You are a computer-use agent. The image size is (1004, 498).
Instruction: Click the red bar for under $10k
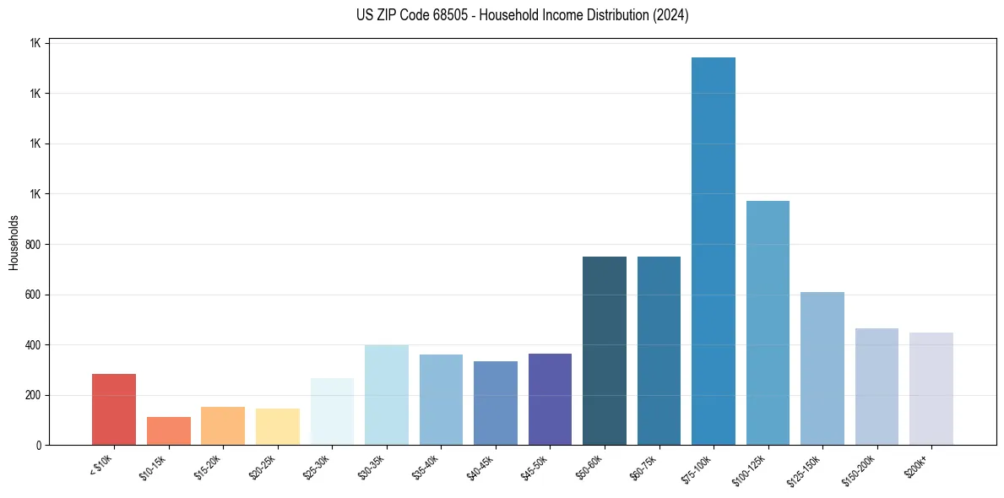pos(114,409)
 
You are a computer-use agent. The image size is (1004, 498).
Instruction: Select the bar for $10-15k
pos(168,430)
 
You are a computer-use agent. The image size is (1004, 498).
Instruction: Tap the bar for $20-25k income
pos(277,426)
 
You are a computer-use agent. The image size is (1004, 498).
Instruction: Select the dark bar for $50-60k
pos(605,350)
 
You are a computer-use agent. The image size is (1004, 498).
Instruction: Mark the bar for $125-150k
pos(822,368)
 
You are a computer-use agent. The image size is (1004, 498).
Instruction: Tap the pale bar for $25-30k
pos(332,411)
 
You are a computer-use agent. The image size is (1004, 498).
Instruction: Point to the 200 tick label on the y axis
pos(34,395)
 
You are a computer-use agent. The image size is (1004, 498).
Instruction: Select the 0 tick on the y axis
pos(39,445)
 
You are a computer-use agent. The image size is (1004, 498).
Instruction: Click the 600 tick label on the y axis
pos(34,295)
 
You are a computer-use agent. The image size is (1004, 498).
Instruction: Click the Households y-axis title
pos(14,241)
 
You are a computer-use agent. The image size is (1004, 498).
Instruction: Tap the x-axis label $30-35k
pos(372,467)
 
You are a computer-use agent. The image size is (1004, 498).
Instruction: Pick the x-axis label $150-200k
pos(860,469)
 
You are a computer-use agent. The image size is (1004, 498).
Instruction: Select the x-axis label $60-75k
pos(644,467)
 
